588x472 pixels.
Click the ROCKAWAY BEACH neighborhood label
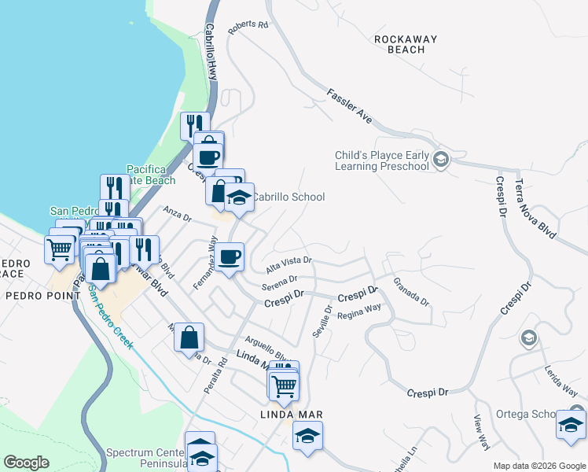(399, 44)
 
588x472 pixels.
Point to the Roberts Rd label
(248, 27)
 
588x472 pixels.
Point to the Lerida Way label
(560, 378)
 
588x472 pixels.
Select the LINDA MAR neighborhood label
(292, 415)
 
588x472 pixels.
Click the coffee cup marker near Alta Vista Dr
(230, 256)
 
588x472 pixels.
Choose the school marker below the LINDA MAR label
(307, 436)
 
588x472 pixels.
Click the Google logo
(26, 463)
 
